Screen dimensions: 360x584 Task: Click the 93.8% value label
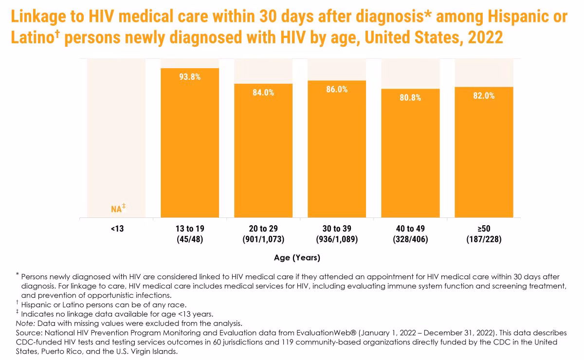pos(190,76)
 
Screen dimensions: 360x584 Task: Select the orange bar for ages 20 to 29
pos(263,156)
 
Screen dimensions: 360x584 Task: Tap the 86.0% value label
pos(337,90)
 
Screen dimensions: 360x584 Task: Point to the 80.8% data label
pos(410,97)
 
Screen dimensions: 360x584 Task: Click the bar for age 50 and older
pos(484,156)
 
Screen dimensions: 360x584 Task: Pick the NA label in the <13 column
pos(116,209)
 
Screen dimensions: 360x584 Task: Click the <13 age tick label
pos(117,229)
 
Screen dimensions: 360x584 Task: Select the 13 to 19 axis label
pos(190,229)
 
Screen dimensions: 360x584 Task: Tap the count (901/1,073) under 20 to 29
pos(263,239)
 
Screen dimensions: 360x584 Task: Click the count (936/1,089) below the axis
pos(337,239)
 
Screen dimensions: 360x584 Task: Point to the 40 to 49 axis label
pos(410,229)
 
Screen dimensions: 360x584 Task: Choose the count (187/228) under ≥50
pos(484,239)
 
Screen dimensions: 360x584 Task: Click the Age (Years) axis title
pos(296,257)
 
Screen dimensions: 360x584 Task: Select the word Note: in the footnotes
pos(24,323)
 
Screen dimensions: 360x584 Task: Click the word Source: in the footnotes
pos(28,333)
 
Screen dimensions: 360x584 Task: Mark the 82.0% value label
pos(484,96)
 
